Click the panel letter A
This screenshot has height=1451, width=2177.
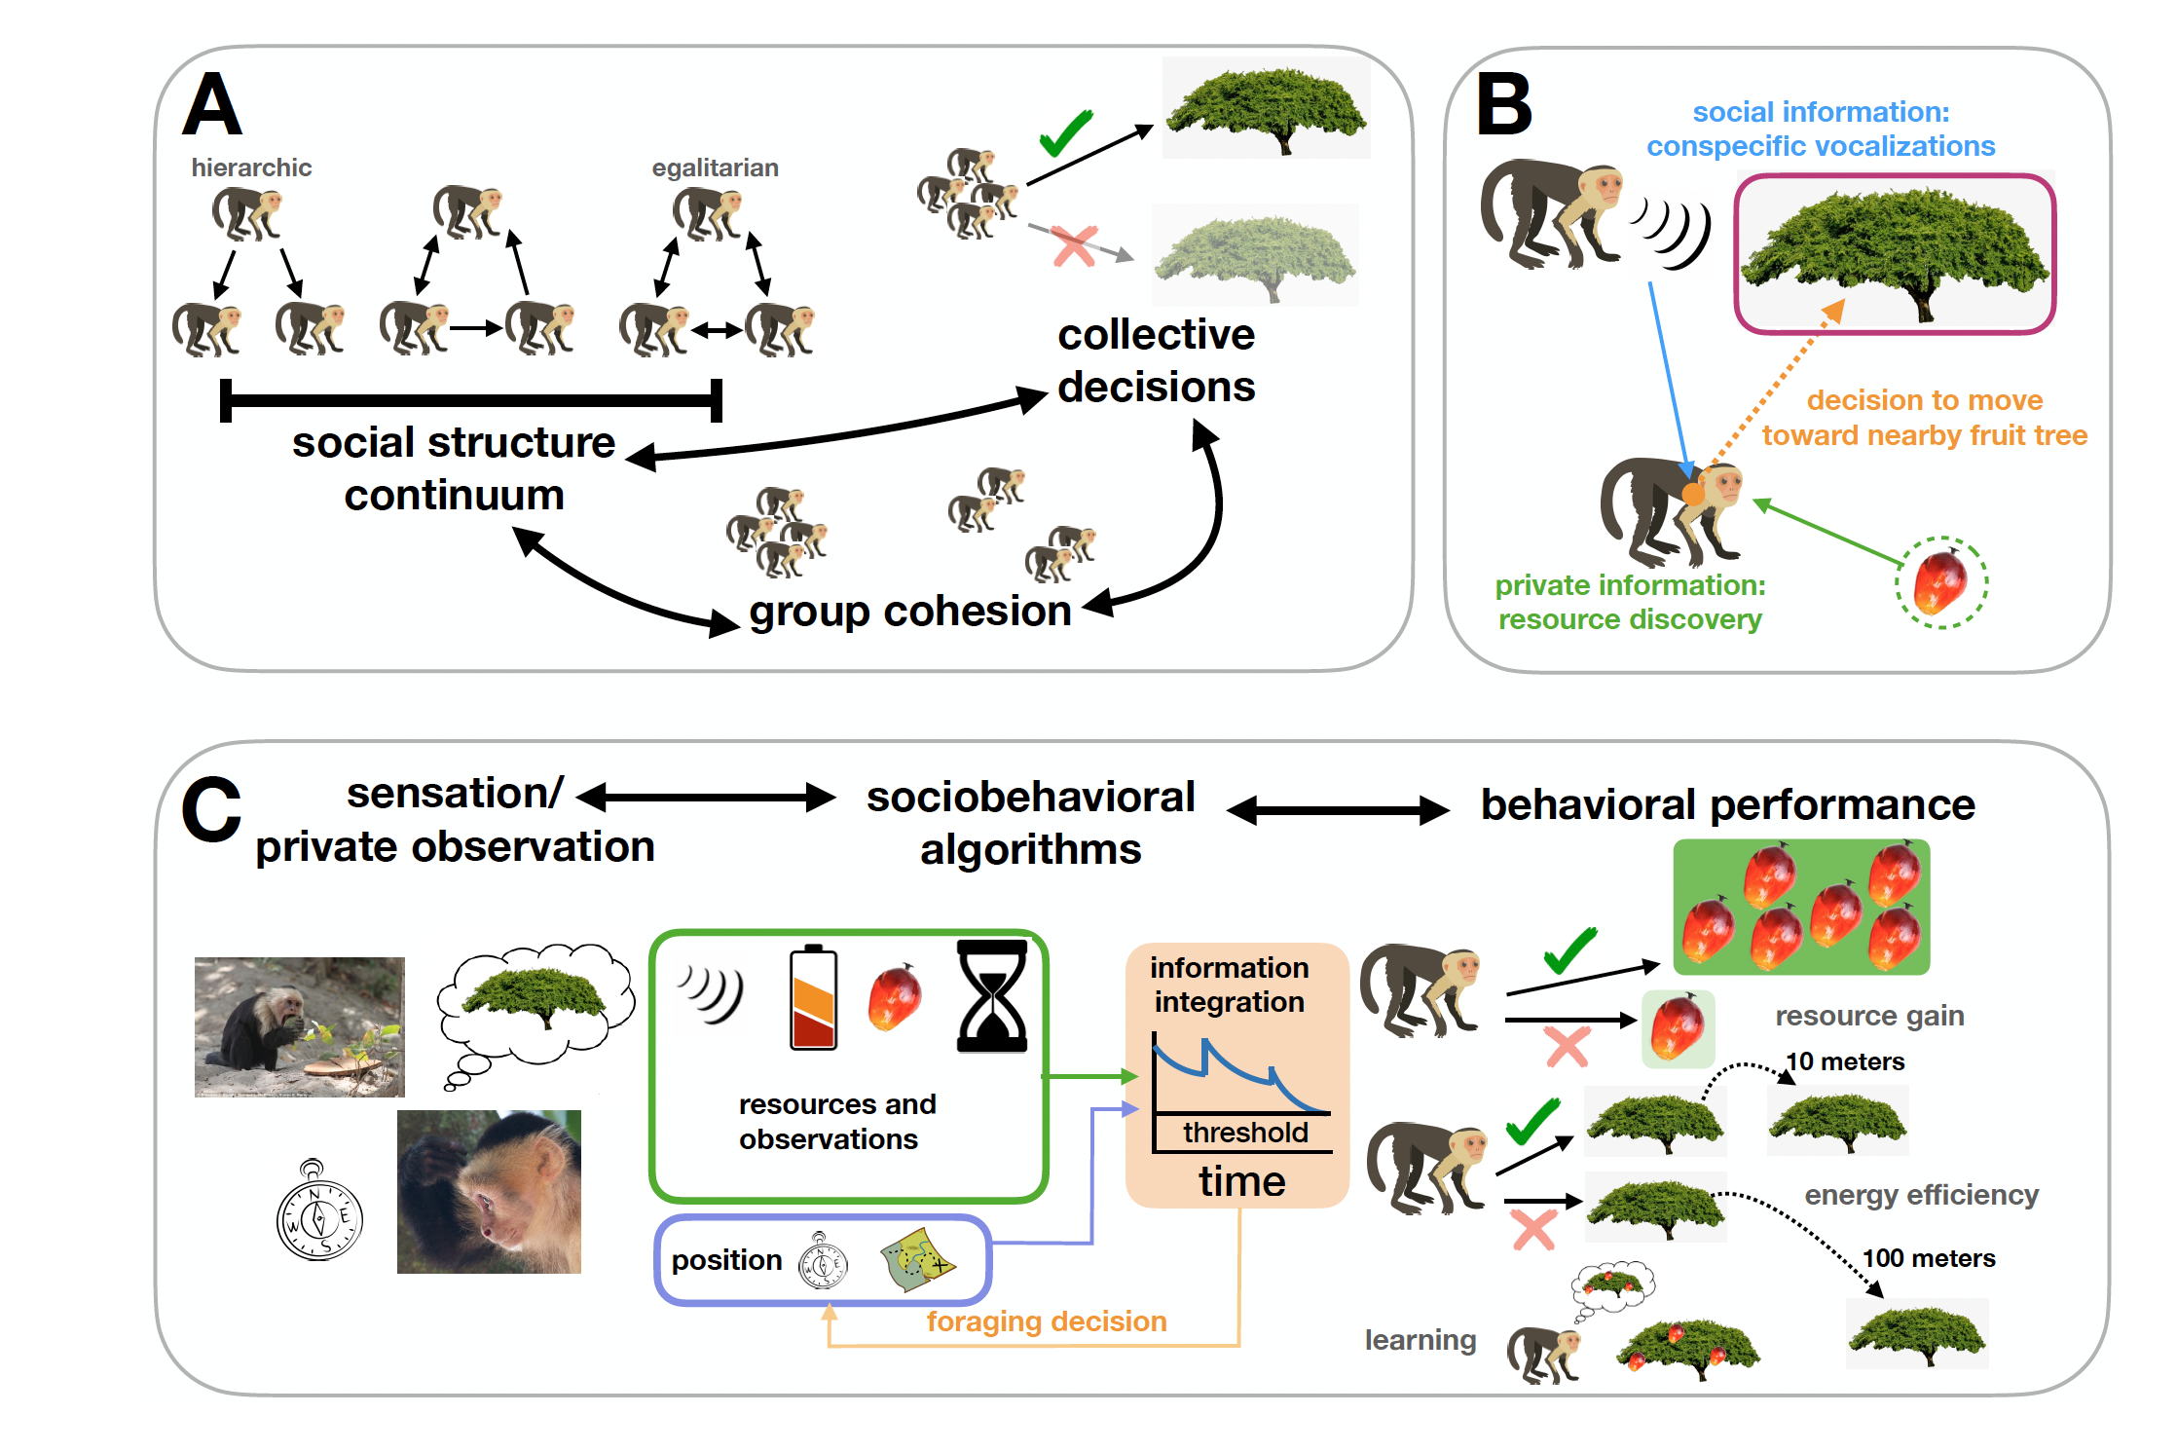pos(211,104)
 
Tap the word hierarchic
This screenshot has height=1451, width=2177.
pos(251,167)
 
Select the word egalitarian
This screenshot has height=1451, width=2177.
pos(715,167)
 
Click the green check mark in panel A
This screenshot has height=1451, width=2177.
pos(1065,133)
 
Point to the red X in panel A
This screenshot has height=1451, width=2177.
pos(1075,246)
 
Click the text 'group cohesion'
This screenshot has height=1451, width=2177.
pos(909,612)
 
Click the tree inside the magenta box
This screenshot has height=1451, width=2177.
pos(1894,253)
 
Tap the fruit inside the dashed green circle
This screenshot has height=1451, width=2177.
pos(1939,582)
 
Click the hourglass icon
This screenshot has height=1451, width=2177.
pos(992,995)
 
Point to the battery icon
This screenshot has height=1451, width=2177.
pos(813,997)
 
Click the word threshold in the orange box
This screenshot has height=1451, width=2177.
pos(1245,1133)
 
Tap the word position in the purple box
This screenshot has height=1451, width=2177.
pos(726,1260)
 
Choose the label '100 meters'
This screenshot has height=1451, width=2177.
pos(1928,1258)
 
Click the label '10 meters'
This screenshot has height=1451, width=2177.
pos(1845,1061)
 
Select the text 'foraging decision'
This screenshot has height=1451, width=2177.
pos(1046,1321)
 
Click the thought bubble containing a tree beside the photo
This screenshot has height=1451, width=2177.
pos(535,1003)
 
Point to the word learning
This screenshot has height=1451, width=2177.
pos(1420,1340)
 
